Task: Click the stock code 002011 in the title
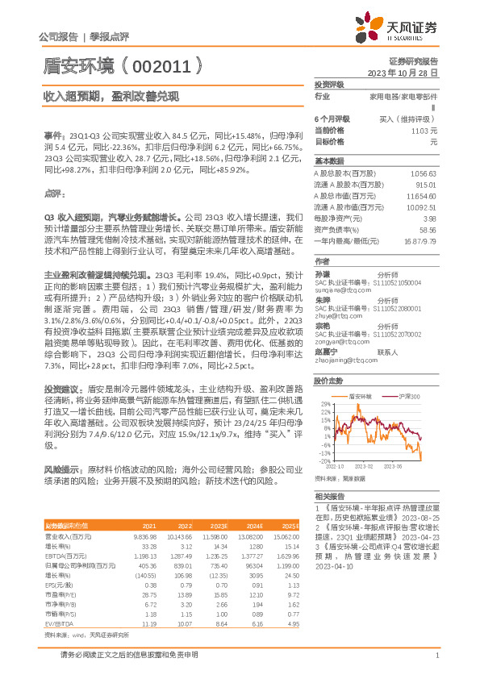click(x=167, y=64)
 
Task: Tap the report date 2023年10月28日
click(x=402, y=72)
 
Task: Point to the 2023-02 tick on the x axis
click(x=365, y=466)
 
